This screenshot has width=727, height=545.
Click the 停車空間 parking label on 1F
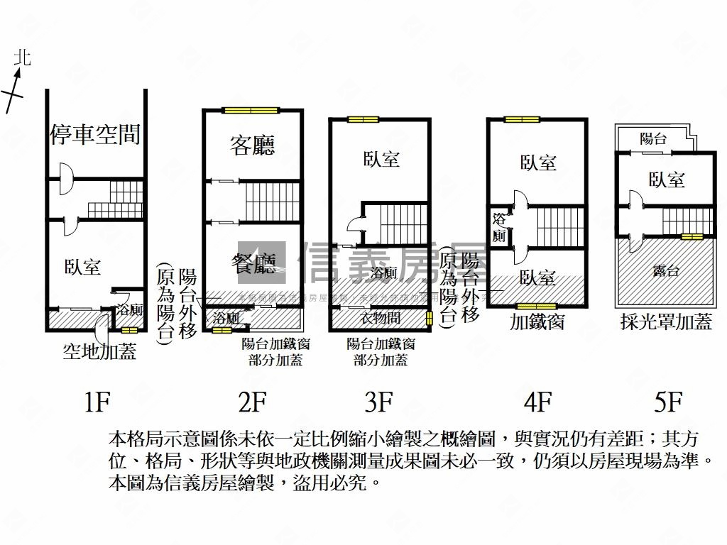[x=94, y=134]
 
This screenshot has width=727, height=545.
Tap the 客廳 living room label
[x=252, y=145]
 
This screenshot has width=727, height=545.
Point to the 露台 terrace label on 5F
[x=665, y=270]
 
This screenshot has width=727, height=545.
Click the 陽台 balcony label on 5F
[x=652, y=139]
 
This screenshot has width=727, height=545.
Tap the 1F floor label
[x=97, y=402]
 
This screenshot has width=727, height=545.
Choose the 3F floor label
[x=378, y=402]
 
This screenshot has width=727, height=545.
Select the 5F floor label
[x=668, y=402]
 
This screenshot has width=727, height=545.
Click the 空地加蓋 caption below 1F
[x=99, y=351]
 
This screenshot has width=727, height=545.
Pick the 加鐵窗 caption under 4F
[x=537, y=322]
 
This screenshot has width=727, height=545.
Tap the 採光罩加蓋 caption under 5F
[x=665, y=322]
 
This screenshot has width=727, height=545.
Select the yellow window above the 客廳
[x=252, y=110]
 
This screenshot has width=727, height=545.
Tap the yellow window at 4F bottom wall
[x=537, y=307]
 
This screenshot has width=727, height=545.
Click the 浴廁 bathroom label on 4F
[x=499, y=227]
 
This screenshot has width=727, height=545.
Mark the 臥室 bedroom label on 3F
[x=381, y=159]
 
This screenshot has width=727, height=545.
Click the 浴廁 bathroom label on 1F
[x=130, y=310]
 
